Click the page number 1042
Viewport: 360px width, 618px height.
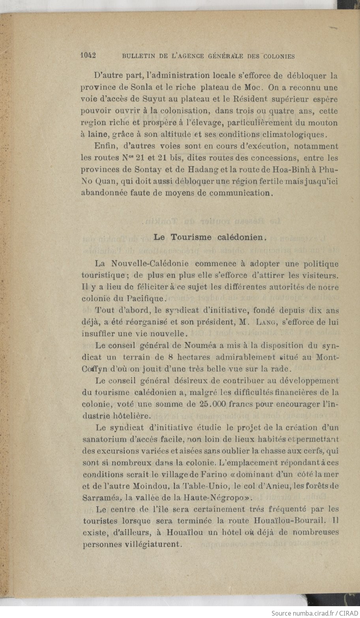[89, 56]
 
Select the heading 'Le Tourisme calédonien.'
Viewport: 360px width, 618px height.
[210, 237]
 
